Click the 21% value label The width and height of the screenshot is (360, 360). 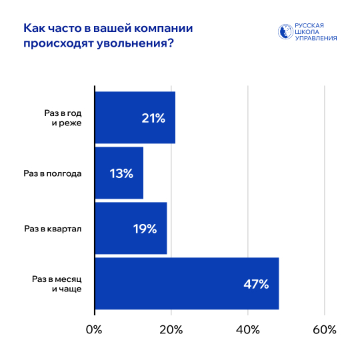[x=153, y=118]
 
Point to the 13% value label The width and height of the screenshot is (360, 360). [x=121, y=173]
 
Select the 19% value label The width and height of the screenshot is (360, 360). [x=145, y=229]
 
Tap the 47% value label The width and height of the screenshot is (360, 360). [x=256, y=284]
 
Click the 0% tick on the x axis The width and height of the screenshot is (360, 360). [x=95, y=330]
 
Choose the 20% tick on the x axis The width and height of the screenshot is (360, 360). [x=171, y=330]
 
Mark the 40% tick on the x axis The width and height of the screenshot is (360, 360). [x=248, y=330]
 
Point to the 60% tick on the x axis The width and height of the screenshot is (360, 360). [x=324, y=330]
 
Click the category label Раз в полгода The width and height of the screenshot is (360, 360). [x=53, y=173]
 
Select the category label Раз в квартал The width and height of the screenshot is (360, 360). [x=53, y=229]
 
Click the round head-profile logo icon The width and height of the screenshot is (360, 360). [x=285, y=32]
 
